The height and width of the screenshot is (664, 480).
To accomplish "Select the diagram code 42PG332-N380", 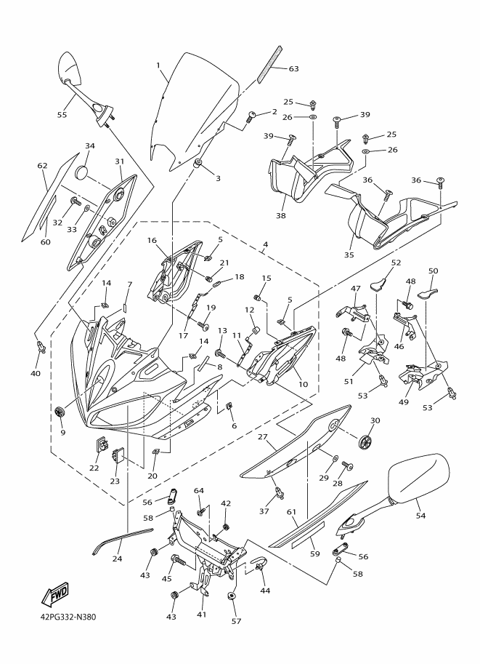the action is [x=65, y=617].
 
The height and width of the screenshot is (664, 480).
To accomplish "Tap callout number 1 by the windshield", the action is [x=158, y=65].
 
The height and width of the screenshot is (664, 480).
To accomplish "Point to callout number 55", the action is [x=62, y=115].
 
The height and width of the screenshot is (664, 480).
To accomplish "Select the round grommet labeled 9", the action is [x=60, y=410].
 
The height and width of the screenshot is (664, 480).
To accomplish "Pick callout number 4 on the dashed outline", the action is [x=265, y=244].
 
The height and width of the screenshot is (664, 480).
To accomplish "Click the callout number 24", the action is [x=117, y=559].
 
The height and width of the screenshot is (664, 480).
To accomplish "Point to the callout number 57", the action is [x=236, y=621].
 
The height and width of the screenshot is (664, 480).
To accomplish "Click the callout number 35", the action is [x=349, y=255].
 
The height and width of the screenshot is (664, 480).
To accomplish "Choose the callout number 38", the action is [x=281, y=215].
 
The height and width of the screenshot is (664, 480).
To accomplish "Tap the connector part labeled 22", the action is [x=102, y=445].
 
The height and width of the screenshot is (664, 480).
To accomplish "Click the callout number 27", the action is [x=262, y=436].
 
